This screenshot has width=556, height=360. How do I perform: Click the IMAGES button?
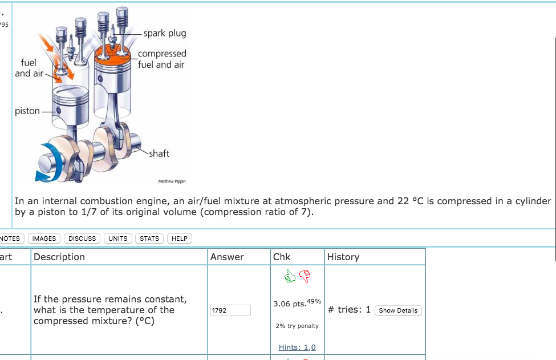click(44, 238)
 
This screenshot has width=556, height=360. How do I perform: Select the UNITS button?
click(117, 238)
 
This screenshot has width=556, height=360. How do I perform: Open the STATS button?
click(149, 238)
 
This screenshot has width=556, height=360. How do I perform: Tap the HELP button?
click(180, 238)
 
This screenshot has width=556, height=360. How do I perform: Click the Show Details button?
click(398, 310)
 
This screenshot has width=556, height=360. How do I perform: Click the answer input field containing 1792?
click(230, 310)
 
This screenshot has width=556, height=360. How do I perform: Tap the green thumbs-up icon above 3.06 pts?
click(290, 276)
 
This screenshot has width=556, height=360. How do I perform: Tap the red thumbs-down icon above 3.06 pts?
click(305, 276)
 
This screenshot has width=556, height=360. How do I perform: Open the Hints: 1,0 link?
click(297, 347)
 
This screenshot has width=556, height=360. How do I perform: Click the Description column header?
click(59, 257)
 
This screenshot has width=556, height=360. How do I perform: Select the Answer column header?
click(227, 257)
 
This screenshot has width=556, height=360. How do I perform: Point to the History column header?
click(343, 257)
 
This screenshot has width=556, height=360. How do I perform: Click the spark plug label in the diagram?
click(165, 33)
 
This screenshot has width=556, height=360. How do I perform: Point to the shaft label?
click(159, 153)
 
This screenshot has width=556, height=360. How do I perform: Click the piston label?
click(27, 111)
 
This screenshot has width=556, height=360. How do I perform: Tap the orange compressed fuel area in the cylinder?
click(112, 56)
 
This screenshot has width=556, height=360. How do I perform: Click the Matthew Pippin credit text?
click(172, 181)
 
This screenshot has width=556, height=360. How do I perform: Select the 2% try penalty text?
click(297, 326)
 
